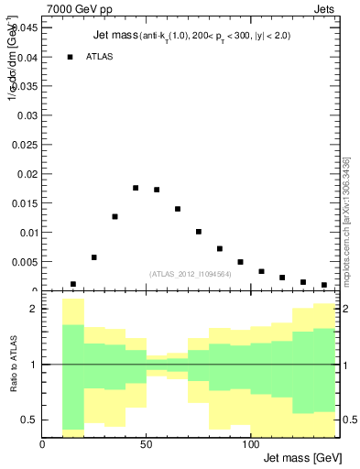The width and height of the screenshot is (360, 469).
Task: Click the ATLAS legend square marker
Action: tap(71, 57)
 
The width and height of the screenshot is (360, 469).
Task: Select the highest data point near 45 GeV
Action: tap(136, 188)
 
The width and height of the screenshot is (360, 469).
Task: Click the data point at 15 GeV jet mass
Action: tap(73, 284)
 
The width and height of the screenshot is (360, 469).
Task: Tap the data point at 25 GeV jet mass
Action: tap(94, 257)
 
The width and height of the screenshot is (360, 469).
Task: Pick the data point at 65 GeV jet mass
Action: tap(178, 209)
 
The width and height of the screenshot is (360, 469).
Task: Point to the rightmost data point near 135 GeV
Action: tap(324, 285)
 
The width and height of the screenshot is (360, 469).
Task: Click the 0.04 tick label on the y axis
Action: tap(26, 57)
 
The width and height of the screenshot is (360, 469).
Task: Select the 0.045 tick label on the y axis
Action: tap(24, 27)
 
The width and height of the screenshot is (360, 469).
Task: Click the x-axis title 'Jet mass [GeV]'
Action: tap(301, 457)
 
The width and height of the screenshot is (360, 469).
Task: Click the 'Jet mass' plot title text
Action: tap(115, 36)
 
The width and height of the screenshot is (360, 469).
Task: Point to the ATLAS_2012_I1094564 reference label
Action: tap(191, 273)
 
